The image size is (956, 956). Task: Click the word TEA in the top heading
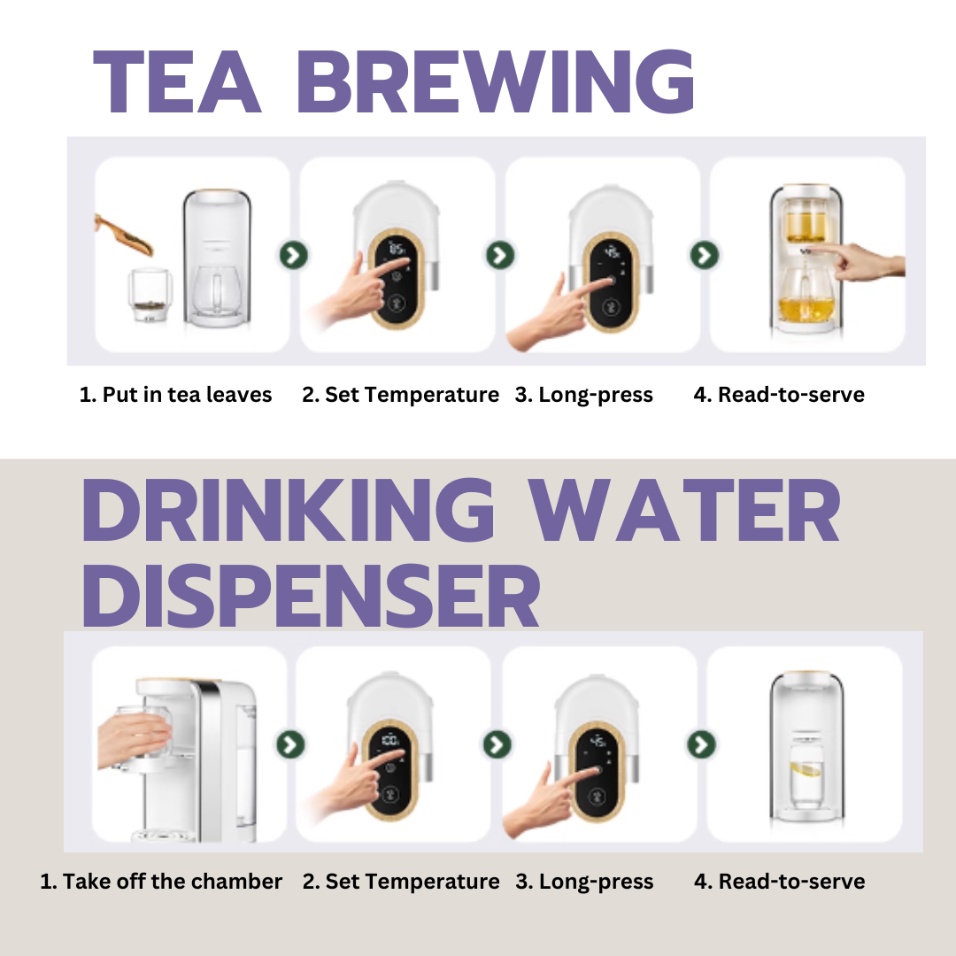point(177,81)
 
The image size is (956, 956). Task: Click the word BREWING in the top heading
point(496,81)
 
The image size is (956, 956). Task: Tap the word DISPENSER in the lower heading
point(311,596)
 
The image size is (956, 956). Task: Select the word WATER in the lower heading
point(683,511)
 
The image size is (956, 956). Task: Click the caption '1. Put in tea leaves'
point(175,395)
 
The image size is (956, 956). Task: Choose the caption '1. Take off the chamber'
point(161,882)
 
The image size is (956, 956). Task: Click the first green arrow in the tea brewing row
point(294,255)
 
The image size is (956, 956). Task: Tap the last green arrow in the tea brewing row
point(705,255)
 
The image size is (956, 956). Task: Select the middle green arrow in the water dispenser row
point(497,744)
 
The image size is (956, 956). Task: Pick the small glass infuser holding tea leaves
point(150,295)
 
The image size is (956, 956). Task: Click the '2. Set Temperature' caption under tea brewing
point(401,395)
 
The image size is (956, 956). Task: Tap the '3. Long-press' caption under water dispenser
point(584,882)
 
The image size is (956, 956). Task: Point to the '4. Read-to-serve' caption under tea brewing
point(779,395)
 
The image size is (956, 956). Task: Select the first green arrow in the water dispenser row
point(290,744)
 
